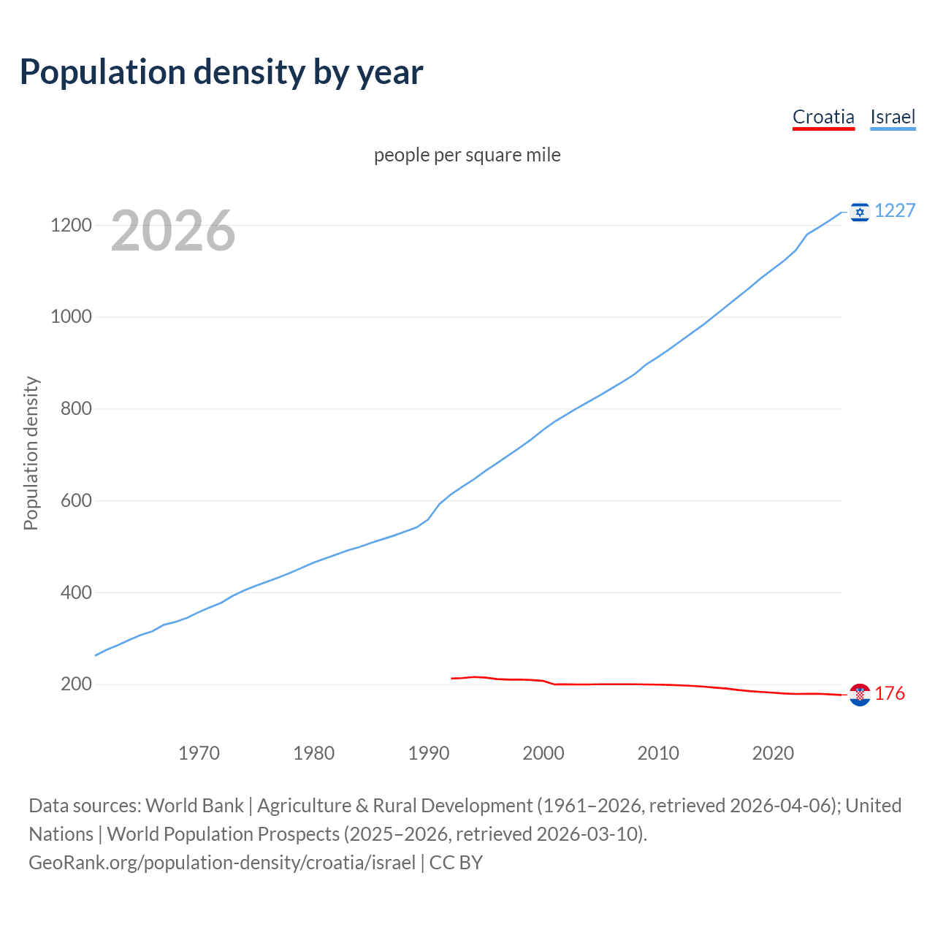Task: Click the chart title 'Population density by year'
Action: (221, 72)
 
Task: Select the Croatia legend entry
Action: (823, 117)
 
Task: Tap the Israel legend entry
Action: (893, 117)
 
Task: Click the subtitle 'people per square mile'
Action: (467, 155)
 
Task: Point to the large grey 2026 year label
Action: (173, 231)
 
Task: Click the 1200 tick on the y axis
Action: (71, 225)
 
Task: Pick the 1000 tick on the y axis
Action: (71, 317)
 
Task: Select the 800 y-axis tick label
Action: (76, 409)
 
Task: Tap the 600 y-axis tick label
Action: (76, 501)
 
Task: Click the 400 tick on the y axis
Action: (76, 592)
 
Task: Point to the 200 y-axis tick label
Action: (76, 684)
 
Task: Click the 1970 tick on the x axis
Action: (199, 753)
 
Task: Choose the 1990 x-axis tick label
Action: (429, 753)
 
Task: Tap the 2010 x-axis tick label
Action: (658, 753)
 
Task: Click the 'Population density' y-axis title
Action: (31, 453)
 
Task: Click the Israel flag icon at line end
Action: (860, 212)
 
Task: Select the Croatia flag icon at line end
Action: (860, 695)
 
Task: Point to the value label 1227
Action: (895, 211)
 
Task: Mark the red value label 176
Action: (890, 694)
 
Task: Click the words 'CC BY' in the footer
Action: (456, 863)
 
